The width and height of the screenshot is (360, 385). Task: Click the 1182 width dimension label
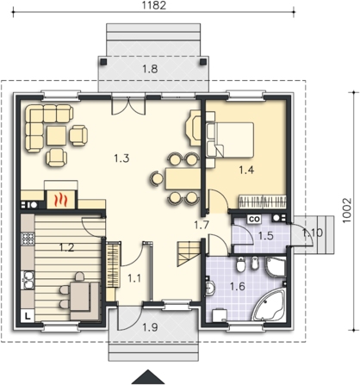[x=154, y=5]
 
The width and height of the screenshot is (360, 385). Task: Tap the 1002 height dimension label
[x=347, y=210]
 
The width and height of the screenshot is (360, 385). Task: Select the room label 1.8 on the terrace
[x=150, y=69]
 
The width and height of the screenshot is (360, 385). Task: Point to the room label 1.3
[x=121, y=158]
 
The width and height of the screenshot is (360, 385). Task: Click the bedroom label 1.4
[x=246, y=171]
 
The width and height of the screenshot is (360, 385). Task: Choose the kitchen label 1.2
[x=66, y=247]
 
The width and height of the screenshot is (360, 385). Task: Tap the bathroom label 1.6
[x=238, y=286]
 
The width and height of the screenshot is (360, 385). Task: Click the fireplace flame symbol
[x=61, y=200]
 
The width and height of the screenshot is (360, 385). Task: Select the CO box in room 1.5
[x=254, y=219]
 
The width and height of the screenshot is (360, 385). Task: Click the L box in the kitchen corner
[x=28, y=316]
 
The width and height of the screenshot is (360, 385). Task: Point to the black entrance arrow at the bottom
[x=148, y=377]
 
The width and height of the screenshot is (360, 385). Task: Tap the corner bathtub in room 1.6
[x=269, y=305]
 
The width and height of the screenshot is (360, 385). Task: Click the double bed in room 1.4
[x=230, y=140]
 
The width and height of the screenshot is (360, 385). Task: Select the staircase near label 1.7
[x=189, y=253]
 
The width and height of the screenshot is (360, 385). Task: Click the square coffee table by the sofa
[x=57, y=136]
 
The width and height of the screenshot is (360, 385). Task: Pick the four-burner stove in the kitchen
[x=28, y=238]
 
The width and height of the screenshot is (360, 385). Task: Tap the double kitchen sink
[x=28, y=280]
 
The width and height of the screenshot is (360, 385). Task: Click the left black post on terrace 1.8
[x=103, y=61]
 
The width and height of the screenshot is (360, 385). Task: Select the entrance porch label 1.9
[x=151, y=327]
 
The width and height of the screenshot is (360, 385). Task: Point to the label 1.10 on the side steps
[x=313, y=233]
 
